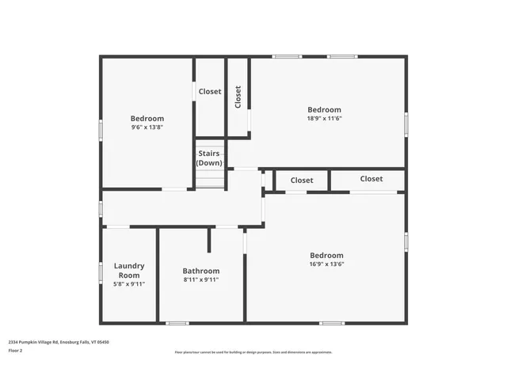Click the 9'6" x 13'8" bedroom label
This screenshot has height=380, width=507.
coord(147,119)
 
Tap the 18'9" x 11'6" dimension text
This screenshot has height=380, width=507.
coord(325,119)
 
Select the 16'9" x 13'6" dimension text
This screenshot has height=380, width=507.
coord(326,264)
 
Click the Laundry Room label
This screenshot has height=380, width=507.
coord(129,270)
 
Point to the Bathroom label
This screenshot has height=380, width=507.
coord(201,270)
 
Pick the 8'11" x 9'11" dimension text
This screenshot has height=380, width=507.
coord(201,279)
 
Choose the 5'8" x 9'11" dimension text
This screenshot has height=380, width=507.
coord(129,284)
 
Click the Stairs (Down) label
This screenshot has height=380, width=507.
coord(210,158)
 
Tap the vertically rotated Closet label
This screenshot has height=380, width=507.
coord(238,97)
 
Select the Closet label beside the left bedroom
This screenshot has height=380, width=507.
coord(210,92)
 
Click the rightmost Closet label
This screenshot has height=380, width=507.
coord(371,179)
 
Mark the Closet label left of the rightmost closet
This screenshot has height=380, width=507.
coord(302,180)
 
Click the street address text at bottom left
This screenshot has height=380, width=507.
coord(59,342)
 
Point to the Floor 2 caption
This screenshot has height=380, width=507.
coord(16,350)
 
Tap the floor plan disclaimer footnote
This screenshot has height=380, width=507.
coord(253,352)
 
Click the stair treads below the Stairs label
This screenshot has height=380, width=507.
coord(210,178)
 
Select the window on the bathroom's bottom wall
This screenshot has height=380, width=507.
coord(177,322)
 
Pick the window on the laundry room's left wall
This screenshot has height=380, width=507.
coord(101,272)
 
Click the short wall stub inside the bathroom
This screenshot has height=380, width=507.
coord(210,240)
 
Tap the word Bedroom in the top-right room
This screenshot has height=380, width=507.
coord(325,109)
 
